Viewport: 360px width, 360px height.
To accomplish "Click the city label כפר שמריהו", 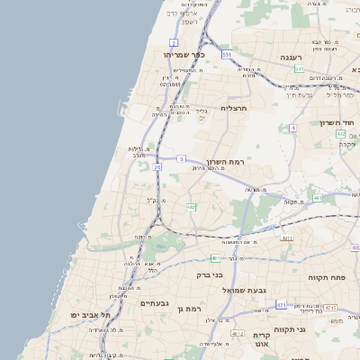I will pyautogui.click(x=184, y=55).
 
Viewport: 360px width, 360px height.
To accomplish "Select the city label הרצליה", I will pyautogui.click(x=233, y=108).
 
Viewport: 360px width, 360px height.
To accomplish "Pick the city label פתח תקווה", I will pyautogui.click(x=327, y=278).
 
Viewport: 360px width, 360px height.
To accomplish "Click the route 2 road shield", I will pyautogui.click(x=174, y=42).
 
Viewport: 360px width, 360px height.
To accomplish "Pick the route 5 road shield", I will pyautogui.click(x=182, y=158).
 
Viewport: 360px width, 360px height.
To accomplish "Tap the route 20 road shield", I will pyautogui.click(x=157, y=166).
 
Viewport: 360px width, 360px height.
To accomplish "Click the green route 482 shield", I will pyautogui.click(x=191, y=207).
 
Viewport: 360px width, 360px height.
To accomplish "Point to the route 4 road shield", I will pyautogui.click(x=292, y=128).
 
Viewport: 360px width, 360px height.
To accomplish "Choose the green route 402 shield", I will pyautogui.click(x=340, y=134).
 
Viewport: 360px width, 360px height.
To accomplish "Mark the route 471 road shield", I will pyautogui.click(x=281, y=305).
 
